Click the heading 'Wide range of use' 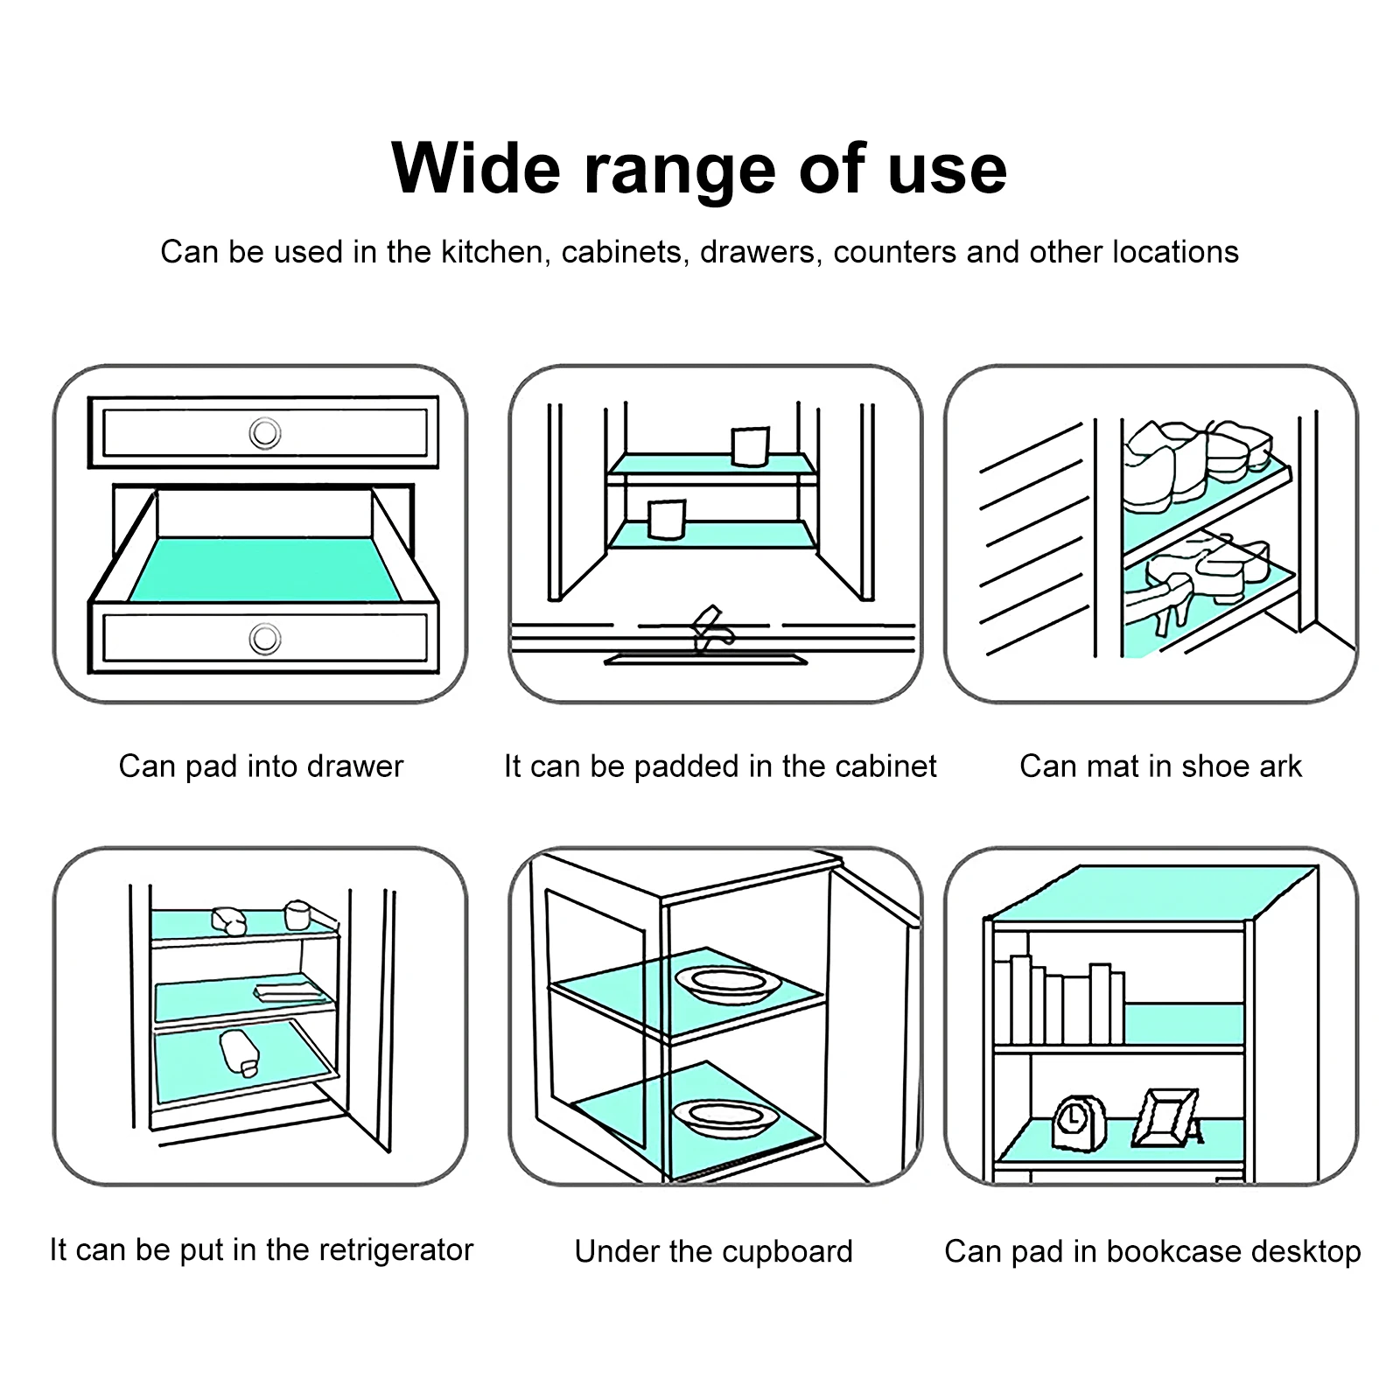click(x=699, y=168)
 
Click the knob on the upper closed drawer click(x=264, y=432)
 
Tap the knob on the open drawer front click(x=264, y=639)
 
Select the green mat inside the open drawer click(x=265, y=569)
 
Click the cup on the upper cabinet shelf click(x=749, y=446)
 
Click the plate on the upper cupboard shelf click(x=727, y=983)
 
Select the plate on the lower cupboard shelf click(x=724, y=1115)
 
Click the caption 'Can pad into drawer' click(x=261, y=766)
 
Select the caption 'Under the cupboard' click(x=713, y=1251)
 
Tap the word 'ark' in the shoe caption click(x=1280, y=766)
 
